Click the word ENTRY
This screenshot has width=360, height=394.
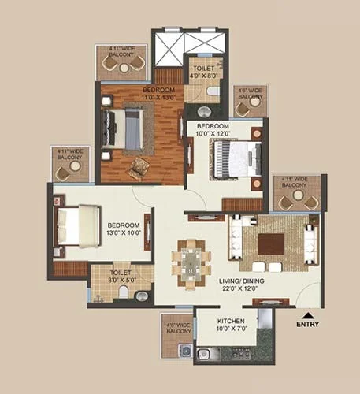point(307,323)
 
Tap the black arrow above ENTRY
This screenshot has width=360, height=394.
point(307,314)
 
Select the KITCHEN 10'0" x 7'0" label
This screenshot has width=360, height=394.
point(232,325)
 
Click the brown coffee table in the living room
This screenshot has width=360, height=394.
point(271,243)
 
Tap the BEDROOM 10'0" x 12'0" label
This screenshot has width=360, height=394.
point(213,131)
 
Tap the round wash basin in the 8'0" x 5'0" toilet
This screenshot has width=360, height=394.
point(141,296)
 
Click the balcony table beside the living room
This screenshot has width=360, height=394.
point(299,200)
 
